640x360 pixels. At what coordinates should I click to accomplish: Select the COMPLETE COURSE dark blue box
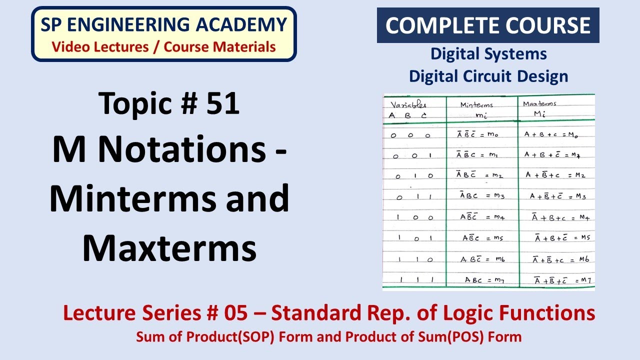[487, 25]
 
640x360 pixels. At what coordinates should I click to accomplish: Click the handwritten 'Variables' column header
[408, 105]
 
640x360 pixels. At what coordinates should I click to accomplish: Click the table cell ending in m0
[477, 134]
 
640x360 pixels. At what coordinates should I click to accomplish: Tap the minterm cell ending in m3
[482, 195]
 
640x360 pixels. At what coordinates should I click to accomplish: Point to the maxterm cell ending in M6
[560, 259]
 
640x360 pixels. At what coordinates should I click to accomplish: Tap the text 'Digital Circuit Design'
[488, 76]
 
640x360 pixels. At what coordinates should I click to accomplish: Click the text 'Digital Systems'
[488, 53]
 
